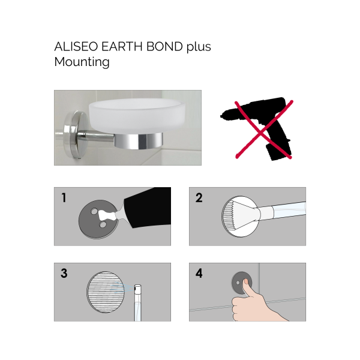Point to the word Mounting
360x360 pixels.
(x=82, y=62)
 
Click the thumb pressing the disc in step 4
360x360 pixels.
(x=246, y=293)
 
